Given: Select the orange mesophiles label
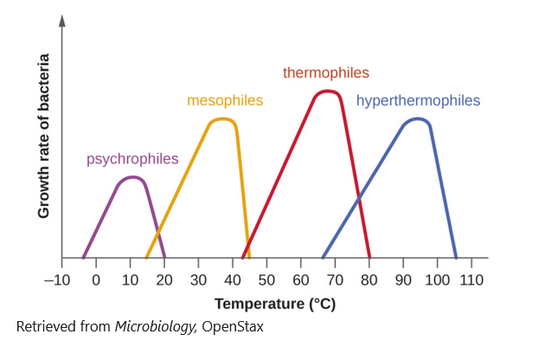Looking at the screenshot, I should tap(225, 100).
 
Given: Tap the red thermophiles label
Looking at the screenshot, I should tap(326, 73).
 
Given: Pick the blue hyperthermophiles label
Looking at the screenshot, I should tap(418, 100).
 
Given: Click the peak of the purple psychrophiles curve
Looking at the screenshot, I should tap(131, 177).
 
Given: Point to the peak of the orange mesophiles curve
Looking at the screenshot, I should tap(222, 119).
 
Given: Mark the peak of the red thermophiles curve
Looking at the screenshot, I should tap(327, 91).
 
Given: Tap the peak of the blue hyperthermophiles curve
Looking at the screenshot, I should tap(419, 119).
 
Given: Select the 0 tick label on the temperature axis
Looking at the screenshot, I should tap(96, 280).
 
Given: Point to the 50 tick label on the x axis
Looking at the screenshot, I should tap(266, 280).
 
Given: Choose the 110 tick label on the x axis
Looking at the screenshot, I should tap(471, 280).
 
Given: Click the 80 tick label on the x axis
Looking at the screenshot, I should tap(369, 280).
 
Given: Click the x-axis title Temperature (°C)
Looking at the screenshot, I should tap(274, 304).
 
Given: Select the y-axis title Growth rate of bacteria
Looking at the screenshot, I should tap(44, 137).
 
